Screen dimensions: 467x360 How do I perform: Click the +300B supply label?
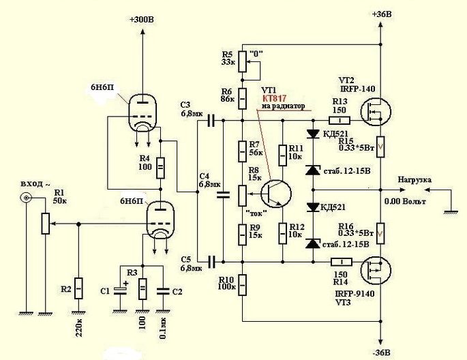tap(142, 20)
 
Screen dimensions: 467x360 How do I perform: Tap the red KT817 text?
tap(274, 99)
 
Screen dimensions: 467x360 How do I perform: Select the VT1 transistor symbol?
tap(276, 193)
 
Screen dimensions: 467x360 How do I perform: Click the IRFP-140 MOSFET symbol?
tap(376, 112)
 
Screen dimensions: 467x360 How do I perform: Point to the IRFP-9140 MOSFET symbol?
tap(376, 271)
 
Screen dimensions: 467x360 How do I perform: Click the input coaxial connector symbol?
tap(26, 198)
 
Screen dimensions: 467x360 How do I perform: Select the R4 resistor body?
tap(160, 168)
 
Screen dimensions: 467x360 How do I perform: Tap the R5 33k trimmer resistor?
tap(243, 61)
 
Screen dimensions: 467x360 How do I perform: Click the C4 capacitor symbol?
tap(224, 195)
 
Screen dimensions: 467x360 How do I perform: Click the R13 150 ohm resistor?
tap(340, 120)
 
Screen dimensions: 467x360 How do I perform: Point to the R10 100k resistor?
tap(243, 285)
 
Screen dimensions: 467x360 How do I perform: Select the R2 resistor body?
tap(78, 288)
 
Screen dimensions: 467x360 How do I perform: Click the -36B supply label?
tap(381, 352)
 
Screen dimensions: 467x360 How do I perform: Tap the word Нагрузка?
tap(415, 180)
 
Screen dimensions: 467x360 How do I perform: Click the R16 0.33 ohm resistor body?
tap(380, 233)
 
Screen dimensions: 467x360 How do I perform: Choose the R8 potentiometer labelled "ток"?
tap(243, 195)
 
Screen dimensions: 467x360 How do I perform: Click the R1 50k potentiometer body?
tap(45, 224)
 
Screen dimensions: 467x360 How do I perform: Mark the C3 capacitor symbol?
tap(211, 120)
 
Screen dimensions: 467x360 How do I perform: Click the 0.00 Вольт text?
tap(405, 202)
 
